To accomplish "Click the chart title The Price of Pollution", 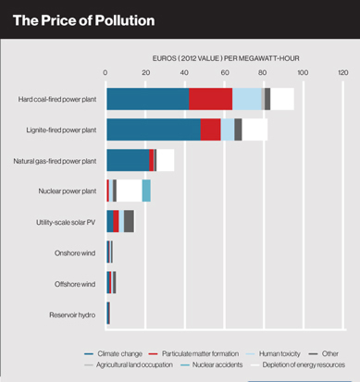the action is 84,20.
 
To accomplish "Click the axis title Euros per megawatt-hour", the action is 226,58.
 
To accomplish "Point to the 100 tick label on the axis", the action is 303,73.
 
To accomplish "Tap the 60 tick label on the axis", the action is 225,73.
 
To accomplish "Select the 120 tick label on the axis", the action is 343,73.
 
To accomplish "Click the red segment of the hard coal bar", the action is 211,99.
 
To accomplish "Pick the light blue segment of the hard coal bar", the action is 247,99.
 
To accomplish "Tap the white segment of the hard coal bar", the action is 282,99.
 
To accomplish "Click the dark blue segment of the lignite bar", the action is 154,129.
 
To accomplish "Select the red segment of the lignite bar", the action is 211,129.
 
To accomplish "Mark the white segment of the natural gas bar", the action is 166,160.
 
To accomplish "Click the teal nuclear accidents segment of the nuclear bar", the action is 146,191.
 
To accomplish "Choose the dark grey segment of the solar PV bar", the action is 129,221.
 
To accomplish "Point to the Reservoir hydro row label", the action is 72,315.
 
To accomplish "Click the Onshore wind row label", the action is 75,253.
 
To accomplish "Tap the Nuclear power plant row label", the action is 68,191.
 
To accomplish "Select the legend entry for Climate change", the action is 113,353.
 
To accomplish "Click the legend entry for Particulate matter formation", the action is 193,353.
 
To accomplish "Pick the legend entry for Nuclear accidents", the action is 211,364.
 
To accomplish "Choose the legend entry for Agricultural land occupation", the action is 129,364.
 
